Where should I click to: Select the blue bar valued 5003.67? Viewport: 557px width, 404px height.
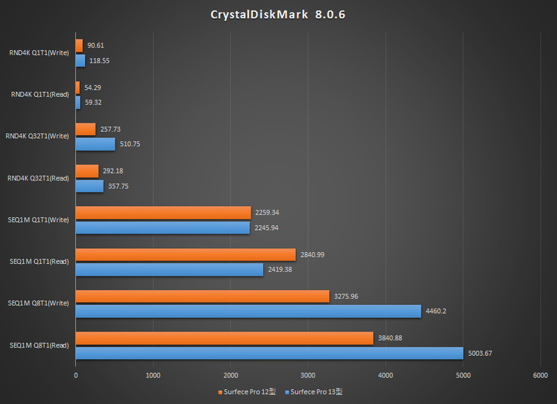269,353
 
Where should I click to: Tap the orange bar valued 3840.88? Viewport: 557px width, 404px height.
224,339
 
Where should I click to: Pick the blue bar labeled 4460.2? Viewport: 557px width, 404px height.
248,311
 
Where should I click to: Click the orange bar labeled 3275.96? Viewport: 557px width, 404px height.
202,297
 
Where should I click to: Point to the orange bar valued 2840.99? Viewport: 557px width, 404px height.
185,255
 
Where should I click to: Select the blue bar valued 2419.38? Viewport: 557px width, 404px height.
169,269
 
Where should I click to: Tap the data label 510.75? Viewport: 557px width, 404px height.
130,144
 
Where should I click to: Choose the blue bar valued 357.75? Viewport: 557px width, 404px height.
89,186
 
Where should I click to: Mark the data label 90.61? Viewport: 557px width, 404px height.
96,45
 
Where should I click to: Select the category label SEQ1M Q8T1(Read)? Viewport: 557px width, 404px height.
39,345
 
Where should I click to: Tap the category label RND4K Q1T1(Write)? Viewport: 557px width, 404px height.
39,52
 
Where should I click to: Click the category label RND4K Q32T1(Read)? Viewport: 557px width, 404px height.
38,178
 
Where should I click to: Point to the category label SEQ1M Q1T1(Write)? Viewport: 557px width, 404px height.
39,220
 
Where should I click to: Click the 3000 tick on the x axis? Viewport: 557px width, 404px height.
308,375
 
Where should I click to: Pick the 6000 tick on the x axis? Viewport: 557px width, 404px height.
540,375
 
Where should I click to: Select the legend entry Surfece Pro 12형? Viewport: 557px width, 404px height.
248,391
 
